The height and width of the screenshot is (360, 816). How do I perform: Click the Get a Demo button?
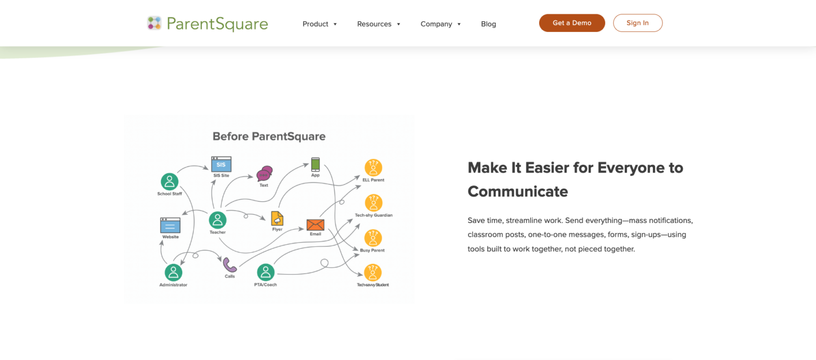click(572, 23)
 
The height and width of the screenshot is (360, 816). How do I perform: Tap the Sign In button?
click(637, 23)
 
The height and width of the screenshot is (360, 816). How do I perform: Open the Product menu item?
click(319, 24)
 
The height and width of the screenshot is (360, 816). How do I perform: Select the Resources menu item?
click(378, 24)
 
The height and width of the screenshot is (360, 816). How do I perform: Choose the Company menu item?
click(440, 24)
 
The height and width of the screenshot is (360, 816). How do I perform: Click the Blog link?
click(489, 24)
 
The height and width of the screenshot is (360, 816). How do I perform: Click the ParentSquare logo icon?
click(154, 23)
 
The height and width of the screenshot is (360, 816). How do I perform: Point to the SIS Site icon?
click(221, 164)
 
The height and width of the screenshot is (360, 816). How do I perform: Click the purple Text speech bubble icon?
click(265, 174)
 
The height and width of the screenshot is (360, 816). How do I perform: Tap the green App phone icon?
click(316, 165)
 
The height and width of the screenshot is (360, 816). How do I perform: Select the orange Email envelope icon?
click(316, 225)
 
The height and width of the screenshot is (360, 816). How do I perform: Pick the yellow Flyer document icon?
click(277, 218)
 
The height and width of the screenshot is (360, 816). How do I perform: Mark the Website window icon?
click(170, 225)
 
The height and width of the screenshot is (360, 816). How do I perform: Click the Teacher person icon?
click(217, 220)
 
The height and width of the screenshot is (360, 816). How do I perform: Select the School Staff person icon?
click(169, 182)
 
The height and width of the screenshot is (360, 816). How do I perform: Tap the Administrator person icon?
click(173, 272)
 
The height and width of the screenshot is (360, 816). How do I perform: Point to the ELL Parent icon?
click(373, 168)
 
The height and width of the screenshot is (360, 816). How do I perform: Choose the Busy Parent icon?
click(373, 238)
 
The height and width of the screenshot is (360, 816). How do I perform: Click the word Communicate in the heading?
click(517, 192)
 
